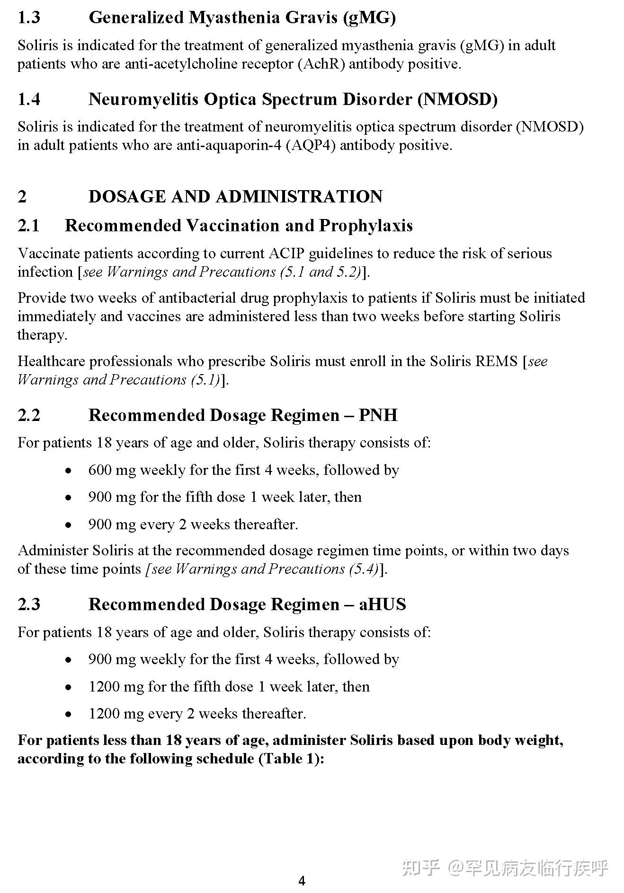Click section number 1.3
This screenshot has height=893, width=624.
tap(29, 18)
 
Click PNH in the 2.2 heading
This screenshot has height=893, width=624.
tap(378, 415)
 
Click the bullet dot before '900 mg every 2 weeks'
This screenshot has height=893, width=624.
tap(69, 525)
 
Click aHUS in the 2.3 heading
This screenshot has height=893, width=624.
tap(382, 604)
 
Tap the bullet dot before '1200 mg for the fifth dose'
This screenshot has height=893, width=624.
tap(69, 687)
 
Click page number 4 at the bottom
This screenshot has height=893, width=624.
tap(302, 881)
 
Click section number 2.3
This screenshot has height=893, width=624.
tap(29, 604)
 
